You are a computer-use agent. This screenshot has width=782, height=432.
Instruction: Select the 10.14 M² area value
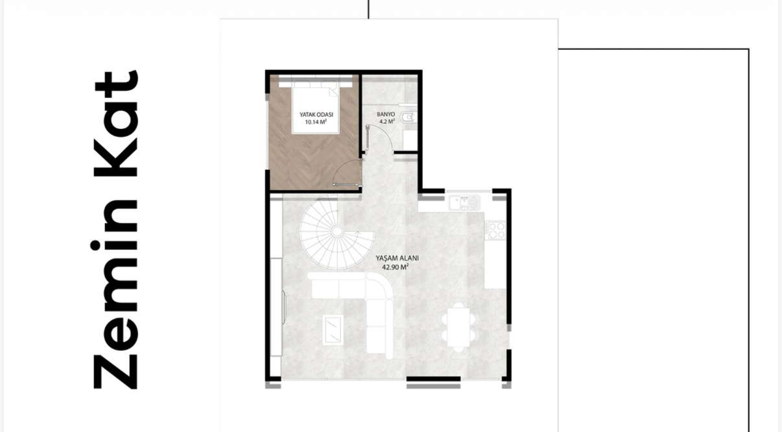[314, 121]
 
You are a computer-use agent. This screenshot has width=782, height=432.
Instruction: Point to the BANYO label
[386, 114]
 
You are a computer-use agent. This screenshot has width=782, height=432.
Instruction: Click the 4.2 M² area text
[386, 121]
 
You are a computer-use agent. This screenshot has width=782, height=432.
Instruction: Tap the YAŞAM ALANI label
[397, 258]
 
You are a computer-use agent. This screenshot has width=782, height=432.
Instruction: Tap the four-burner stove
[495, 230]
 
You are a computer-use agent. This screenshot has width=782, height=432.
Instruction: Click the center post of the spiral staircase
[337, 232]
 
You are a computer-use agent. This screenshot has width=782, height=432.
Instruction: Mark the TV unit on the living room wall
[284, 307]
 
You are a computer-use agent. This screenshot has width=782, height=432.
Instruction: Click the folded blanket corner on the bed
[333, 91]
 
